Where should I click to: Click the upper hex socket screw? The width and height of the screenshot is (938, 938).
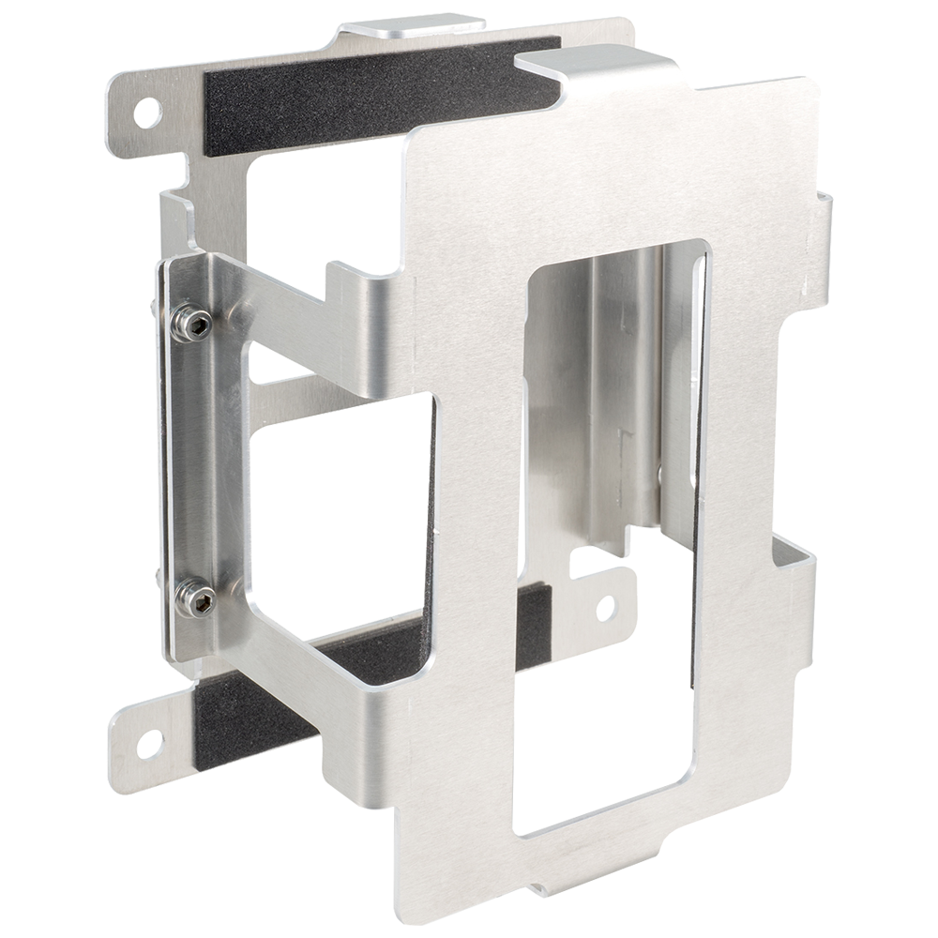(195, 323)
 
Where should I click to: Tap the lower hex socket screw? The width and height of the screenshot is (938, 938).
(195, 598)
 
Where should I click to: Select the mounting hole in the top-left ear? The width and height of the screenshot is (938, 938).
(146, 112)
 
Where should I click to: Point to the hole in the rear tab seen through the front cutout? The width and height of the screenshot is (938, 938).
(605, 607)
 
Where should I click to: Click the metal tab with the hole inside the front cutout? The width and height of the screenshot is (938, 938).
(600, 600)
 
